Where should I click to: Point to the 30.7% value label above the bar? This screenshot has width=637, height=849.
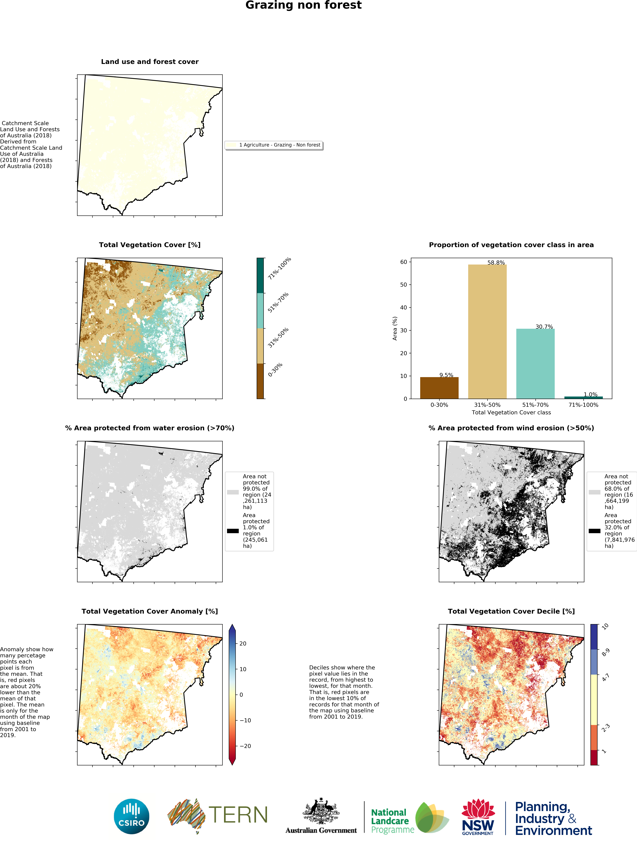click(544, 327)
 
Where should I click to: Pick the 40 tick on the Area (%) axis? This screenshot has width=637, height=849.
click(403, 307)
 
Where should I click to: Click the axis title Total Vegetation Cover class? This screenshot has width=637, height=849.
click(511, 413)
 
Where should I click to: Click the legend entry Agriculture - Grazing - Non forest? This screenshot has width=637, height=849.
click(279, 145)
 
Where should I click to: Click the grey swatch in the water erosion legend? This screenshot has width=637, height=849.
click(232, 492)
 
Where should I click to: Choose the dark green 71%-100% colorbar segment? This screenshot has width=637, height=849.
click(260, 275)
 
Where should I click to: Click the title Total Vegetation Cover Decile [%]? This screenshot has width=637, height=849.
click(511, 611)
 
